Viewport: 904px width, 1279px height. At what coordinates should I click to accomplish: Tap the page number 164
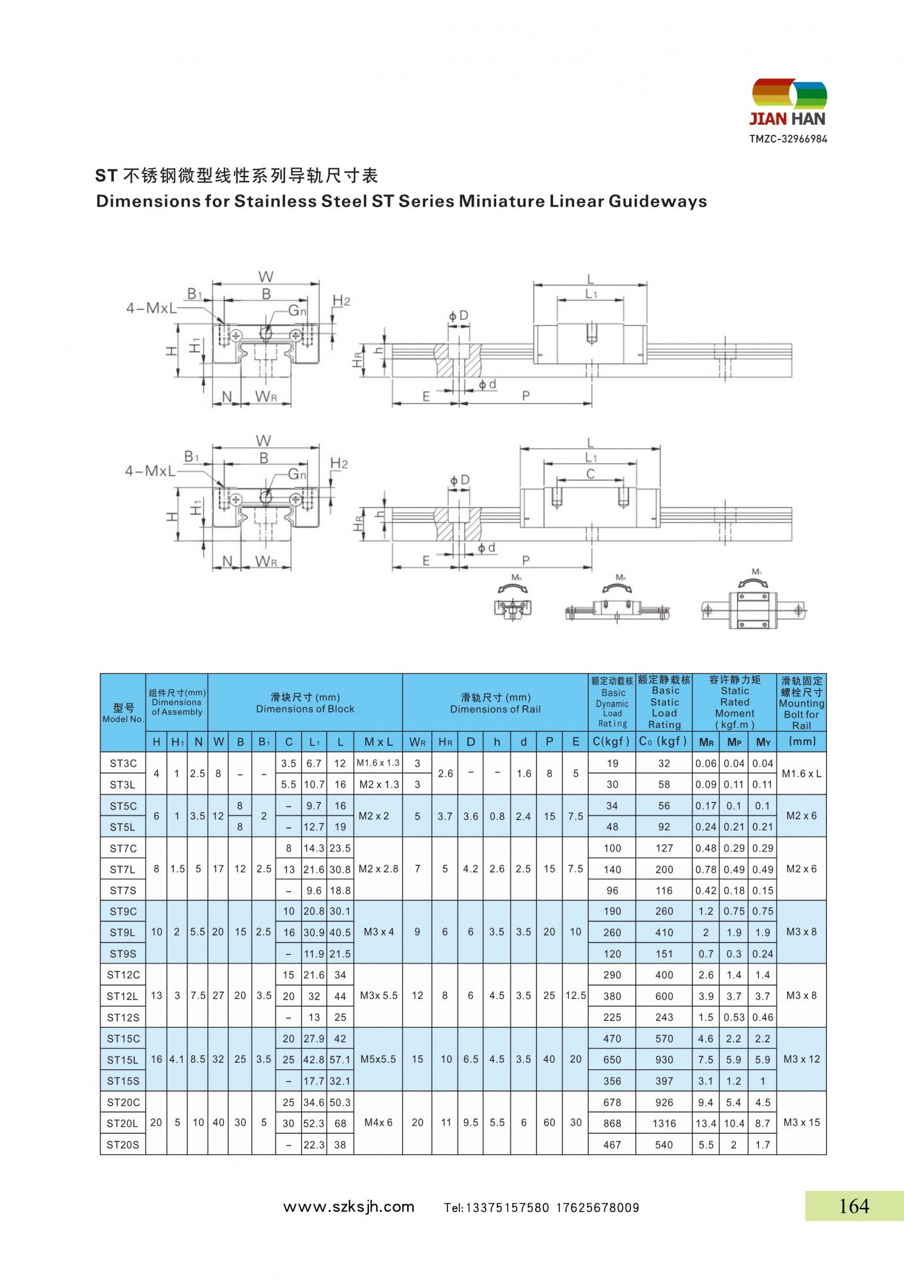853,1206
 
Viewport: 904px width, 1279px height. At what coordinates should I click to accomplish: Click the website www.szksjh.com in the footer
348,1207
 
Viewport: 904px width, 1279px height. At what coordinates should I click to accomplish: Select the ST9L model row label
122,932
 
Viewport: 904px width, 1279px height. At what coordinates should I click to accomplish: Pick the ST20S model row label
123,1145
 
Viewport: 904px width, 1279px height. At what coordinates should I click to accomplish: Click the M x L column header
378,742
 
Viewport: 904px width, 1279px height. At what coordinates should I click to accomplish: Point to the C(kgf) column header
612,742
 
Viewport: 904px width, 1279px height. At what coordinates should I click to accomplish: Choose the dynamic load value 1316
664,1124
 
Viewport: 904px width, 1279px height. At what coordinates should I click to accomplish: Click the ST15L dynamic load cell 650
612,1060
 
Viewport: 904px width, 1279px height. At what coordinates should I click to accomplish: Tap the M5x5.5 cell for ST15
378,1059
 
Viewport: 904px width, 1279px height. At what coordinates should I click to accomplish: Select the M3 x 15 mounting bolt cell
801,1122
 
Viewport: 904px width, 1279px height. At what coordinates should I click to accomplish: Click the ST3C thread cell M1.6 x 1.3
378,763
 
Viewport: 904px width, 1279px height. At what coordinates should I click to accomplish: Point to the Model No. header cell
123,713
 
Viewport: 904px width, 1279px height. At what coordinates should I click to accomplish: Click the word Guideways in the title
658,201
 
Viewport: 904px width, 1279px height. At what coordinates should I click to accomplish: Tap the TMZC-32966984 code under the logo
788,139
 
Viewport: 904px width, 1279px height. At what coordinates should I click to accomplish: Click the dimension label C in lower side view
590,474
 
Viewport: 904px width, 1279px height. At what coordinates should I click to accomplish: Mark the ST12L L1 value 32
314,996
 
